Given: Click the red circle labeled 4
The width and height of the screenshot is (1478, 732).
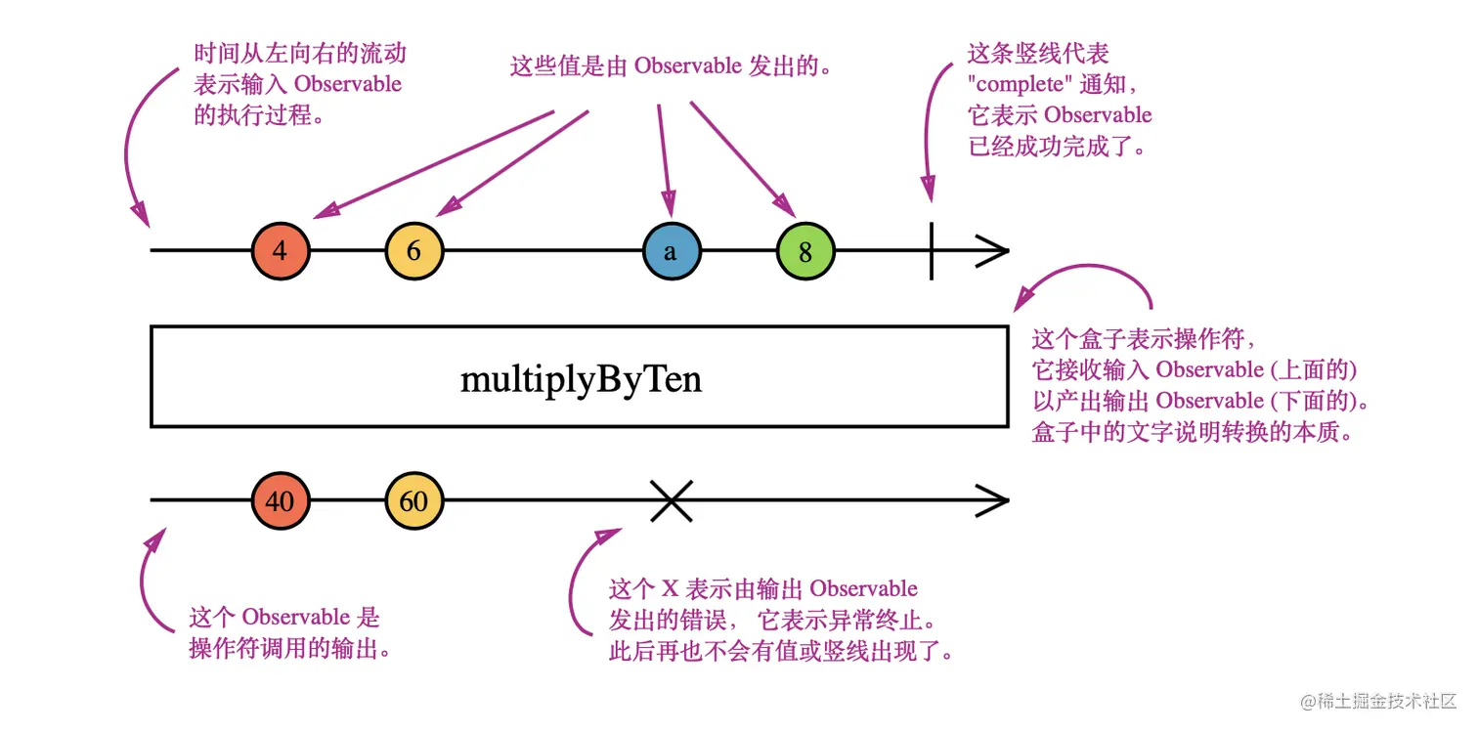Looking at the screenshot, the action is click(281, 250).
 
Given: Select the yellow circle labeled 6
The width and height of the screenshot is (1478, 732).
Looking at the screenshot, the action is click(414, 250).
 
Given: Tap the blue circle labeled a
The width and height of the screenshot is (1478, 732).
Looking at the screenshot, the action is click(672, 250).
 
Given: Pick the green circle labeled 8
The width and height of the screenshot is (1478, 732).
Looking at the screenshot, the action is click(805, 250).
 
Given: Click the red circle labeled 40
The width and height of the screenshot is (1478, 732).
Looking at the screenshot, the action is click(281, 500).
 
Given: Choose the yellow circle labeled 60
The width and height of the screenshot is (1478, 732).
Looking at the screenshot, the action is click(414, 500).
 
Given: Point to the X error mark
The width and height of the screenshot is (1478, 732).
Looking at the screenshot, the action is click(672, 500).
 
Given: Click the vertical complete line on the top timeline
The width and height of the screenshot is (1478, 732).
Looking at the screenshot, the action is click(932, 250).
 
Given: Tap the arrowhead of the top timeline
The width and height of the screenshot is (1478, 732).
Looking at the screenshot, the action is click(992, 250).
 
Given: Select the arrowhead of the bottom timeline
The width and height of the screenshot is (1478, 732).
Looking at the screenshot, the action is click(992, 500).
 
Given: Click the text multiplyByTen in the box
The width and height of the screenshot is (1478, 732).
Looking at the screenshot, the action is click(581, 379).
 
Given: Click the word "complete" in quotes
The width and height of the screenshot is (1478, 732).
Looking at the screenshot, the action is click(1020, 84).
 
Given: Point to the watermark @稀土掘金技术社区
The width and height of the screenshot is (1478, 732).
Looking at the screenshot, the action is click(1377, 701).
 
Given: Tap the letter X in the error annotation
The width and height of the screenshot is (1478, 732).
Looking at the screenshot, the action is click(670, 588).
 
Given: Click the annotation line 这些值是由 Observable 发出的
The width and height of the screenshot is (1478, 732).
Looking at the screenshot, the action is click(671, 65).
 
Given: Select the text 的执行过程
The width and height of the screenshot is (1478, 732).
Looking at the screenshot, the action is click(259, 115).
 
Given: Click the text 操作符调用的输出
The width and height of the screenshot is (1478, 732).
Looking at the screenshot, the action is click(290, 649).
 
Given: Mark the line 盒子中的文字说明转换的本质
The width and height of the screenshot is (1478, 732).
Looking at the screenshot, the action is click(1193, 432).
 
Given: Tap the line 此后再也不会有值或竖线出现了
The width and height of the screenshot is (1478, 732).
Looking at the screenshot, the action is click(781, 652).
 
